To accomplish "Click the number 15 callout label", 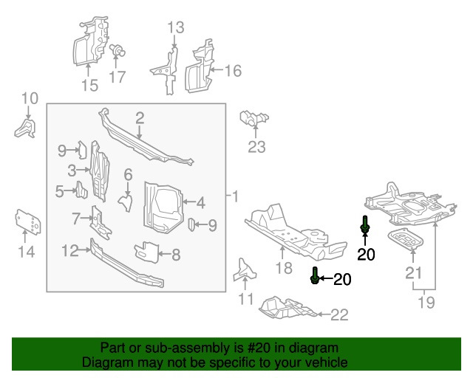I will pos(89,86).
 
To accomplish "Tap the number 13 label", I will pos(175,28).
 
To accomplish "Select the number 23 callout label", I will pos(256,147).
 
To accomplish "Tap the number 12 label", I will pos(69,250).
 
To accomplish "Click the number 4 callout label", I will pos(200,200).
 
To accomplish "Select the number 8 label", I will pos(176,255).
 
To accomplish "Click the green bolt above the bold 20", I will pos(365,226).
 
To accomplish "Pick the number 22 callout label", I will pos(338,315).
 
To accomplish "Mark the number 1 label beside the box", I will pos(235,197).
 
